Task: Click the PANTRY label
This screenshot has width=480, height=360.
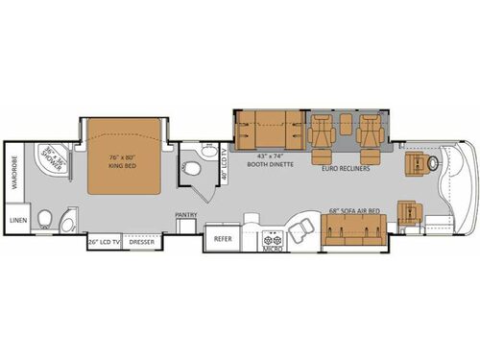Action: pos(185,215)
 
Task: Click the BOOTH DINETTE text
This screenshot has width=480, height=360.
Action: pos(271,162)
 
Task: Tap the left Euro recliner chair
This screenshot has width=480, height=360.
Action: pos(321,136)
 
